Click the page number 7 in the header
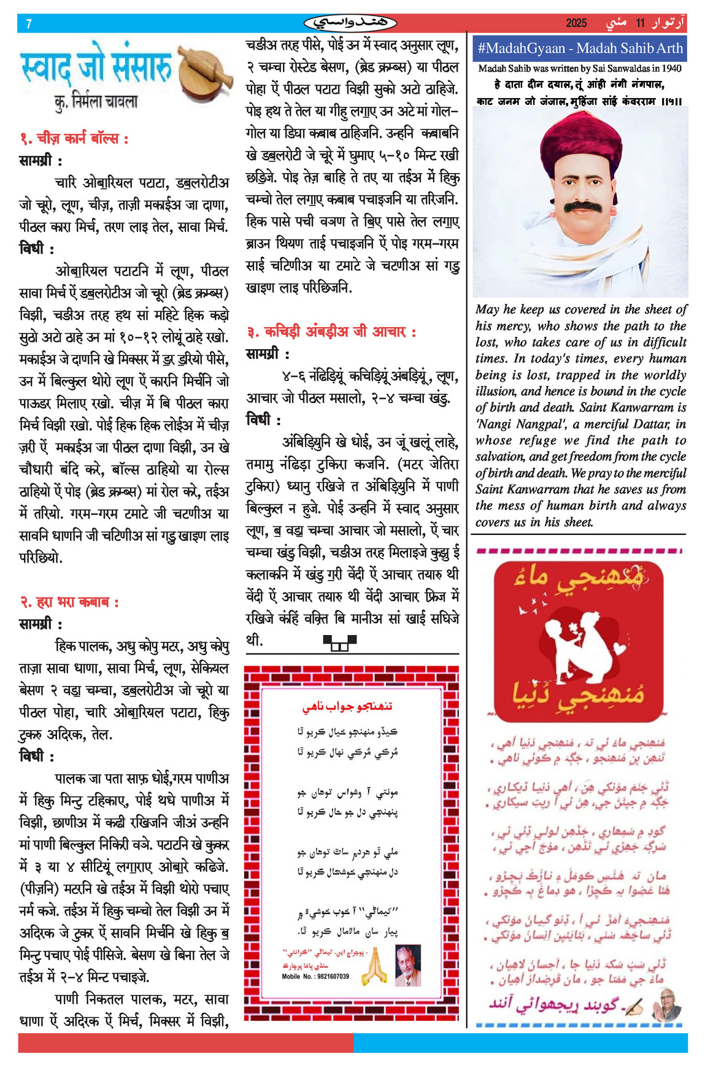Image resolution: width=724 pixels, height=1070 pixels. coord(29,24)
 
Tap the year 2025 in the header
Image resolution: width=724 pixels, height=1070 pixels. coord(576,23)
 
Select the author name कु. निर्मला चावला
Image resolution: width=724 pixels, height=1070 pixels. coord(96,101)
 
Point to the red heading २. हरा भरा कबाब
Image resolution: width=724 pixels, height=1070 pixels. coord(69,602)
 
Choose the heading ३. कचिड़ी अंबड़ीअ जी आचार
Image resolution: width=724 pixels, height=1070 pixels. coord(331,332)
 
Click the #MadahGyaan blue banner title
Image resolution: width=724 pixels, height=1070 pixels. coord(579,48)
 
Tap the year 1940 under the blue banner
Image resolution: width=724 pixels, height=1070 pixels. coord(671,69)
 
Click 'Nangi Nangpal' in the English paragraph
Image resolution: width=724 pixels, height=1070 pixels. coord(520,424)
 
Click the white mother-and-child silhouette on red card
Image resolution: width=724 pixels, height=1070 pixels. coord(577,644)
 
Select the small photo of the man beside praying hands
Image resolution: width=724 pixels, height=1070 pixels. coord(407,965)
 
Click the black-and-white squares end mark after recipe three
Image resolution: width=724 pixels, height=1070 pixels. coord(339,642)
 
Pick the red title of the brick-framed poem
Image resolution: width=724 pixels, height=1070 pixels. coord(347,707)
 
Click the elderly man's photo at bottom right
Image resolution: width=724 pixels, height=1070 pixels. coord(665,1004)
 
